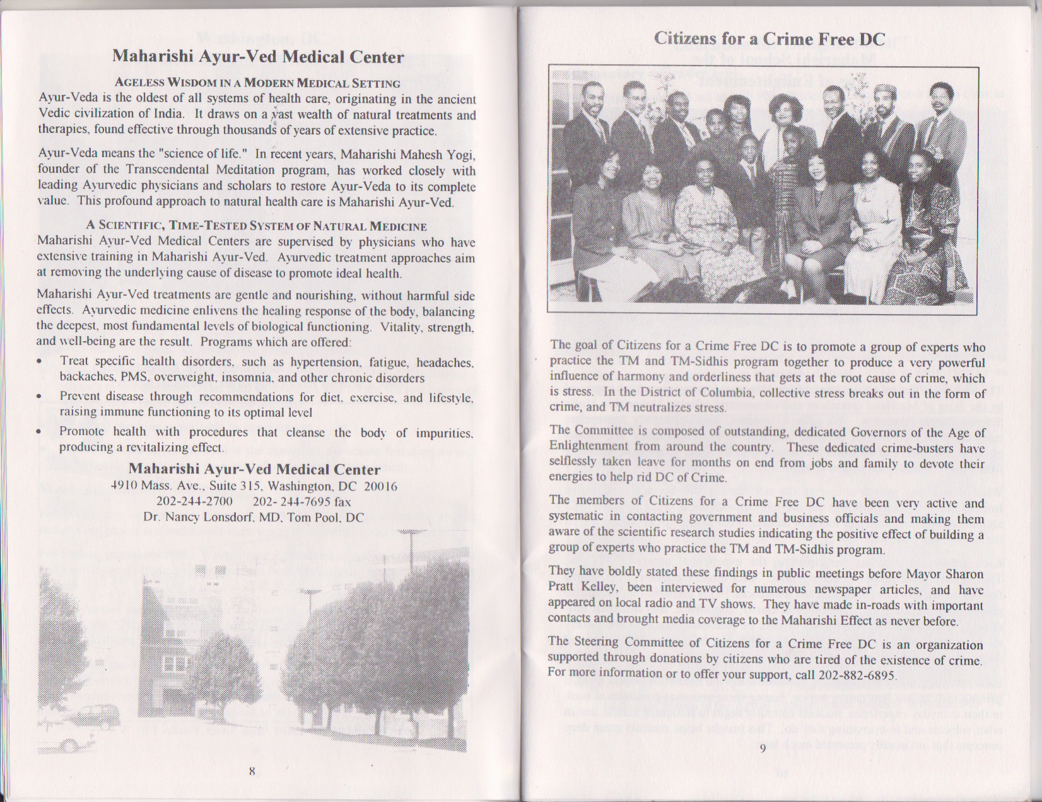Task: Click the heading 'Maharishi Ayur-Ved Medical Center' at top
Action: [258, 57]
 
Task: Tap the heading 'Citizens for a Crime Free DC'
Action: [770, 39]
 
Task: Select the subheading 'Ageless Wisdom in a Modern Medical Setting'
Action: [257, 83]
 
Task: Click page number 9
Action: [763, 748]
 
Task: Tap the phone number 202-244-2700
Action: [194, 502]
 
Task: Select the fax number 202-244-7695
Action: [292, 502]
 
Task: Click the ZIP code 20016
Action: [381, 486]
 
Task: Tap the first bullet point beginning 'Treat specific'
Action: [40, 362]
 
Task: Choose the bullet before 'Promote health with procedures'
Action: [40, 433]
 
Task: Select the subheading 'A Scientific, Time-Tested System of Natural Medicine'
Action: [256, 226]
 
